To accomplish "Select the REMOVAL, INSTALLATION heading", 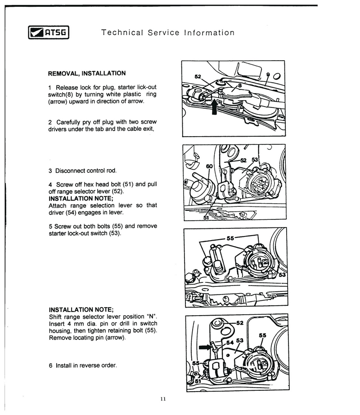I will point(87,73).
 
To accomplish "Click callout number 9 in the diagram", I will point(268,74).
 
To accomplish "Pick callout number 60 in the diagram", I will point(209,166).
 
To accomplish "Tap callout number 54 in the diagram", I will point(229,343).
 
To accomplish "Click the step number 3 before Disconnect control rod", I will point(50,171).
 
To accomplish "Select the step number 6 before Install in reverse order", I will point(50,365).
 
